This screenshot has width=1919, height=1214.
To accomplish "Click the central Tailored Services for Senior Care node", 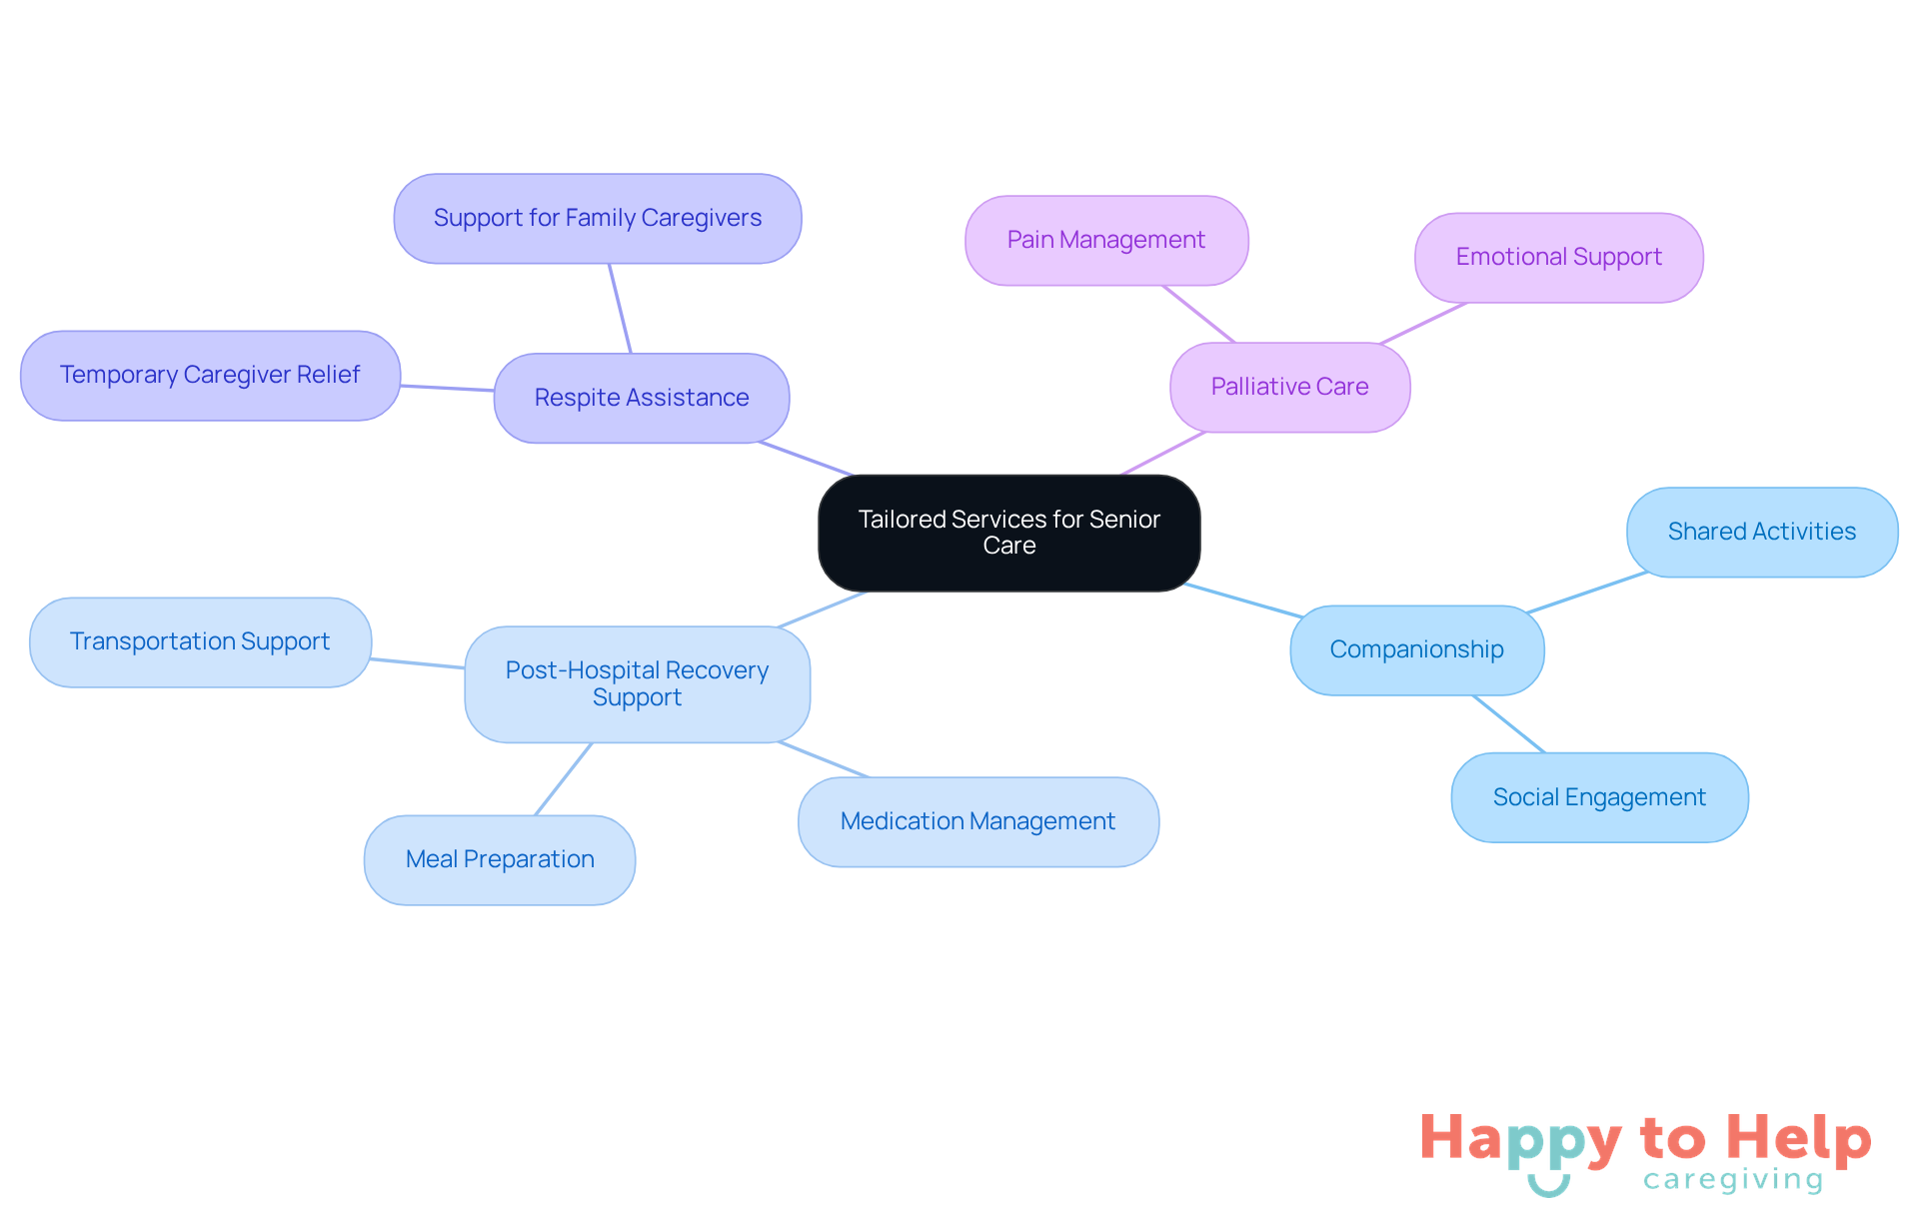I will coord(1008,533).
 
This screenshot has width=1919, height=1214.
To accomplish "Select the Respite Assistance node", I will coord(641,398).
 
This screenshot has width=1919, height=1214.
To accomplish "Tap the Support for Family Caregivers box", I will coord(597,218).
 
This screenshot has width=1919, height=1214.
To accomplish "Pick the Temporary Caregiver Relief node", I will coord(210,375).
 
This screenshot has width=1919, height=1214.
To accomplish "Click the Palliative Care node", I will coord(1289,387).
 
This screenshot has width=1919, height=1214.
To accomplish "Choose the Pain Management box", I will coord(1105,240).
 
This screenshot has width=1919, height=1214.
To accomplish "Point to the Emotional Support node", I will coord(1558,257).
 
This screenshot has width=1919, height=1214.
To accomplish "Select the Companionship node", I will coord(1416,649).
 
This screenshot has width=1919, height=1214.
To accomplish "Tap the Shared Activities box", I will coord(1761,532).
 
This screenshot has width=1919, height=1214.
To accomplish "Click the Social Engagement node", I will coord(1599,797).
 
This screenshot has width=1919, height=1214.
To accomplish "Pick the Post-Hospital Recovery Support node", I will coord(637,683).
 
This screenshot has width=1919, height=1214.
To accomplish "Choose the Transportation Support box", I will coord(200,641).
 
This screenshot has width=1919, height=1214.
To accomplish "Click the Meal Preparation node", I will coord(500,859).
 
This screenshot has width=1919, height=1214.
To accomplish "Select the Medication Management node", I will coord(977,821).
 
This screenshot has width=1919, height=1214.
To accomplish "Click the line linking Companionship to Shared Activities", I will coord(1587,593).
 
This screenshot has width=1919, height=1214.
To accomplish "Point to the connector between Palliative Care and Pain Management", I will coord(1199,315).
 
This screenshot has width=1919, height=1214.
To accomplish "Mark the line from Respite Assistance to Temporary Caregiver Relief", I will coord(447,388).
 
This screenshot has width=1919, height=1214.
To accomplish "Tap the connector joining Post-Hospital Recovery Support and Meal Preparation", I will coord(564,779).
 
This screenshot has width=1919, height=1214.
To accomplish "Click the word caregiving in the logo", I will coord(1733,1180).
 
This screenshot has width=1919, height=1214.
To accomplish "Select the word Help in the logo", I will coord(1798,1139).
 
